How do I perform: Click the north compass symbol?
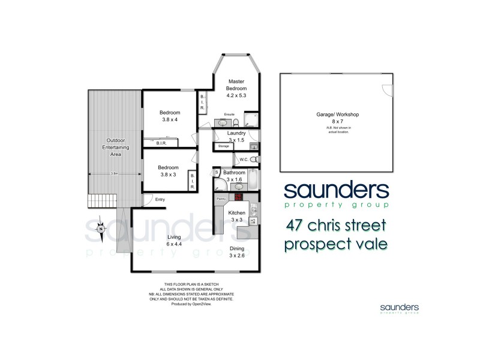point(102,228)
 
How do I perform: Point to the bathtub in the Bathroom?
point(253,179)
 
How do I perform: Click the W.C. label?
point(244,159)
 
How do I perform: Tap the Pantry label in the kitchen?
point(220,197)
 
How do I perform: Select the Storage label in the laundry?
point(223,146)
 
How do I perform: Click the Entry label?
point(160,199)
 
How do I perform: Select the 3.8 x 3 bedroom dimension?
point(169,175)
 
